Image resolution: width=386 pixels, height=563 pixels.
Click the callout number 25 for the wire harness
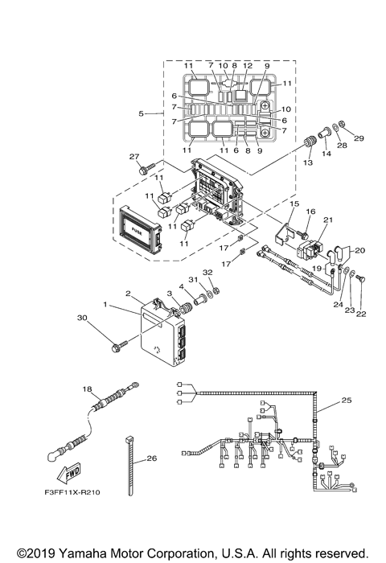click(x=347, y=399)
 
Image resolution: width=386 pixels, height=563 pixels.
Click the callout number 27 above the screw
click(x=134, y=156)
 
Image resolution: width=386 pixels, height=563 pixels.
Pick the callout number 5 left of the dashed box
click(x=141, y=113)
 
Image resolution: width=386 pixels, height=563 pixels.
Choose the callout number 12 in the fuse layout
click(x=248, y=64)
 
